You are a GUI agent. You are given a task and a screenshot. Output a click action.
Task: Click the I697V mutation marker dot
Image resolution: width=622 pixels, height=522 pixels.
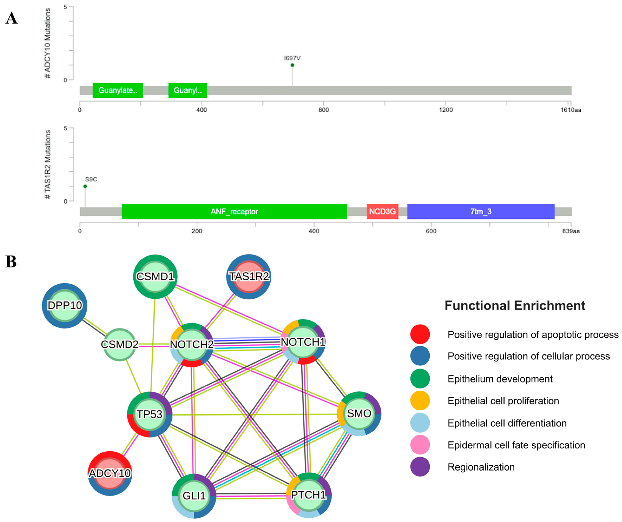(292, 65)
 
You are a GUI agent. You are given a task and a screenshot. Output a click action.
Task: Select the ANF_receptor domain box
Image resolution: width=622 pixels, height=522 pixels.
(234, 212)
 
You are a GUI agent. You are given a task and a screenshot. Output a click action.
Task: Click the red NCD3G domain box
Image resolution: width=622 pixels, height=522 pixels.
(382, 212)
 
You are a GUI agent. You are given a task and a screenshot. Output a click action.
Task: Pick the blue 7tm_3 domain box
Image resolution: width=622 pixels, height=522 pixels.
(481, 212)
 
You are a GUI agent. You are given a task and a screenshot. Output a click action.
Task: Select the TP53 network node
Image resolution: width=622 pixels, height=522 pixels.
(150, 414)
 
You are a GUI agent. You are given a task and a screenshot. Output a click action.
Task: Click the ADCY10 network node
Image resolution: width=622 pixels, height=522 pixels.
(110, 473)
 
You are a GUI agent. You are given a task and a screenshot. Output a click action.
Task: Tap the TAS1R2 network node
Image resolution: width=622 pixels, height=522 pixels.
(249, 277)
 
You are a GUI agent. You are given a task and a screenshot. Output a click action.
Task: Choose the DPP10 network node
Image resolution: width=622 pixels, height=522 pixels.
(65, 305)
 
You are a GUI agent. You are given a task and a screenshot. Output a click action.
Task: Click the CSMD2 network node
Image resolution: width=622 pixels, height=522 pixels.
(119, 345)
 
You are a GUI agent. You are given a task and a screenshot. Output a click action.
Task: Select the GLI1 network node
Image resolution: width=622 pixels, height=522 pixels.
(194, 496)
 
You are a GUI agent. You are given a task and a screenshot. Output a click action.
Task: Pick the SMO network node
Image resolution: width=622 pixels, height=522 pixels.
(359, 414)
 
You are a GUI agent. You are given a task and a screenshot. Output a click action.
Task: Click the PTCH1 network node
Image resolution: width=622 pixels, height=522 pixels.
(309, 495)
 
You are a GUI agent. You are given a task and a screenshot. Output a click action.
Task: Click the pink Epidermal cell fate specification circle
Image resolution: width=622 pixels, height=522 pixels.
(420, 445)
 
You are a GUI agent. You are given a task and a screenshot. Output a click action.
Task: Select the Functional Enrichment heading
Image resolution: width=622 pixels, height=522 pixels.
(515, 305)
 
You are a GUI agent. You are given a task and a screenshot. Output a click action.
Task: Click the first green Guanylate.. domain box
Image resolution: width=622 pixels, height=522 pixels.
(118, 91)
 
